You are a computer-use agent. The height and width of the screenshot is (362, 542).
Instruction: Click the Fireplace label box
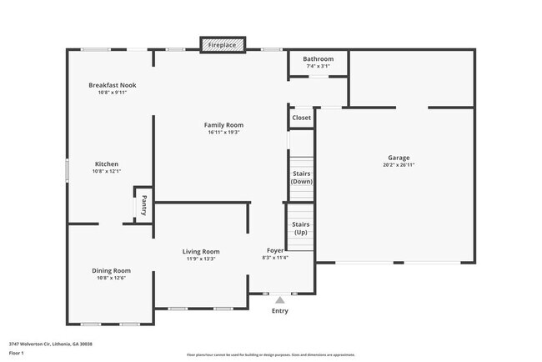pyautogui.click(x=223, y=44)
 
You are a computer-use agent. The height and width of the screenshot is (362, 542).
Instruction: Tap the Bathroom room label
pyautogui.click(x=318, y=59)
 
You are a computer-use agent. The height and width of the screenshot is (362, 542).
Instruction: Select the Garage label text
pyautogui.click(x=398, y=158)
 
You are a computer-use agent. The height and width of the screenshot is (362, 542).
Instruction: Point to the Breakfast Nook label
pyautogui.click(x=113, y=85)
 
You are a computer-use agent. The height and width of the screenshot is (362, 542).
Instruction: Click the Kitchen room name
pyautogui.click(x=106, y=163)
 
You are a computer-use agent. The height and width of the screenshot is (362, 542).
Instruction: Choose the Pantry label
pyautogui.click(x=143, y=205)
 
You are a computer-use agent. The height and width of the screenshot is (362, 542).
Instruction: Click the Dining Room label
pyautogui.click(x=111, y=270)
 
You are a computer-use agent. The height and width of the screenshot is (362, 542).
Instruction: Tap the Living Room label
pyautogui.click(x=201, y=251)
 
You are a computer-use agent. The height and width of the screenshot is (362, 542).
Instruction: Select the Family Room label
pyautogui.click(x=223, y=125)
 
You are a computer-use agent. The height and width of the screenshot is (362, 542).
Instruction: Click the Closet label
pyautogui.click(x=301, y=118)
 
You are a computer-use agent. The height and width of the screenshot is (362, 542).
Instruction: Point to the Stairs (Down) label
pyautogui.click(x=301, y=177)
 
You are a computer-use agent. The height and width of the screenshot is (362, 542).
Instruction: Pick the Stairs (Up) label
pyautogui.click(x=301, y=228)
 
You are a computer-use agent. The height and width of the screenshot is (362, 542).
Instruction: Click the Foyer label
pyautogui.click(x=275, y=250)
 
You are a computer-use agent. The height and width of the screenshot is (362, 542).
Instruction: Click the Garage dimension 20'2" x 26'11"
pyautogui.click(x=398, y=165)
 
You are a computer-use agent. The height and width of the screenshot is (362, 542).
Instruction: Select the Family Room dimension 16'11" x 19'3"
pyautogui.click(x=223, y=133)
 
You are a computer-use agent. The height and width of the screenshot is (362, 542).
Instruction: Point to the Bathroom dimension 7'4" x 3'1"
pyautogui.click(x=318, y=67)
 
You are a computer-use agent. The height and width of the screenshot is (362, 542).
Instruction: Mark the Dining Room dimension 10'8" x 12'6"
pyautogui.click(x=111, y=278)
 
